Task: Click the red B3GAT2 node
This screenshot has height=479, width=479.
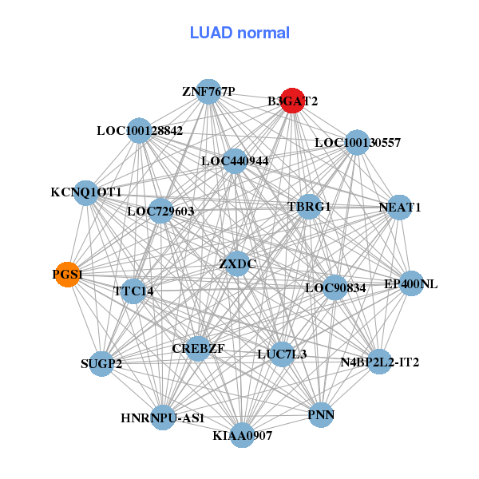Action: (292, 101)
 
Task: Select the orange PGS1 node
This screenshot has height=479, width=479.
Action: (68, 274)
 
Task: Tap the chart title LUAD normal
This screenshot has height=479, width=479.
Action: (239, 33)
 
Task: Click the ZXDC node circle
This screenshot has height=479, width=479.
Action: (237, 263)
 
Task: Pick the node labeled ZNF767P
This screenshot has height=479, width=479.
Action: (208, 92)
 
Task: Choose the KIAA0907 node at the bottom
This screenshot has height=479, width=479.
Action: (243, 435)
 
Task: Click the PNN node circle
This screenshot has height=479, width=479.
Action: (321, 415)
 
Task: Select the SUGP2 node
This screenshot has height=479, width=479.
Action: (102, 364)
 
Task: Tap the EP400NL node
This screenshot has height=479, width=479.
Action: (410, 283)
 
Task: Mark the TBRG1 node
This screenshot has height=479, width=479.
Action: (309, 207)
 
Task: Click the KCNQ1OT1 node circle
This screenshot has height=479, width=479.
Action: (86, 192)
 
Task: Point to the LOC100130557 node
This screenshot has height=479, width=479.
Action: (358, 143)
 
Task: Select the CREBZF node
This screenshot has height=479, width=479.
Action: (198, 349)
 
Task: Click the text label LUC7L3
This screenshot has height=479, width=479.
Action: (282, 354)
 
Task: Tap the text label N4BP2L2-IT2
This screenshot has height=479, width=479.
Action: (380, 362)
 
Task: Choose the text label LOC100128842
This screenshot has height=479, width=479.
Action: (140, 130)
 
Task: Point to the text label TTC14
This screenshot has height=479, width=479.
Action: (133, 291)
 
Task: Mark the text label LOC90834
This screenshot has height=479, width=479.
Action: (335, 287)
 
